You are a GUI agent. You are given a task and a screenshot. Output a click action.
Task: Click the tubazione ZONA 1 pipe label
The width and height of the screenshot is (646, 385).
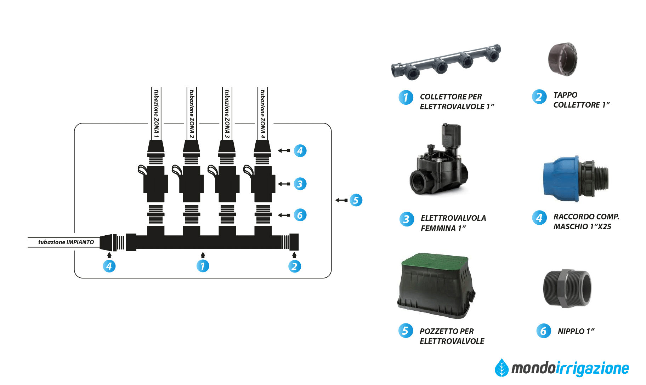(x=156, y=113)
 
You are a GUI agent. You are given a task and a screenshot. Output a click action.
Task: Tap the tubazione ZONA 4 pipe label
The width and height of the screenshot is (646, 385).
(x=262, y=113)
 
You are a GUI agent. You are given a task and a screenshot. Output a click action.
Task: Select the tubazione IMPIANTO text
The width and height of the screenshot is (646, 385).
(x=66, y=242)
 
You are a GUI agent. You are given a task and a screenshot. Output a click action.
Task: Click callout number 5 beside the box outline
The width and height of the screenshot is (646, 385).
(x=356, y=200)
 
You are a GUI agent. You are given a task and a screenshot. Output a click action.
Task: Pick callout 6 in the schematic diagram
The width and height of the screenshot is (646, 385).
(x=300, y=215)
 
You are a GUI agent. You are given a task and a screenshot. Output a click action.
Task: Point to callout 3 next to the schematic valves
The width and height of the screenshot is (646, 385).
(x=300, y=184)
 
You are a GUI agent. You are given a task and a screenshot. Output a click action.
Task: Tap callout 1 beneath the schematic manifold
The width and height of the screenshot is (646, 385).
(x=203, y=266)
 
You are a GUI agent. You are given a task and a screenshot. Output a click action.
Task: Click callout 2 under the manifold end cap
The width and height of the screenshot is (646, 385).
(x=294, y=266)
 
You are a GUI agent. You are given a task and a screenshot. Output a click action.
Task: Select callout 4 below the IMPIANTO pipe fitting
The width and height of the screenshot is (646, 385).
(x=109, y=266)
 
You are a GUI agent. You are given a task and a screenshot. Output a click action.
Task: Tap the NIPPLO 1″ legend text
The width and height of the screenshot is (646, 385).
(x=576, y=332)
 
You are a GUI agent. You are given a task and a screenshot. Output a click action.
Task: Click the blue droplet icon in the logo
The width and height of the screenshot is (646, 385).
(x=501, y=368)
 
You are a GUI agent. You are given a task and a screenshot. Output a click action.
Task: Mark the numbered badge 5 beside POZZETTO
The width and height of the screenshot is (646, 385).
(x=406, y=331)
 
